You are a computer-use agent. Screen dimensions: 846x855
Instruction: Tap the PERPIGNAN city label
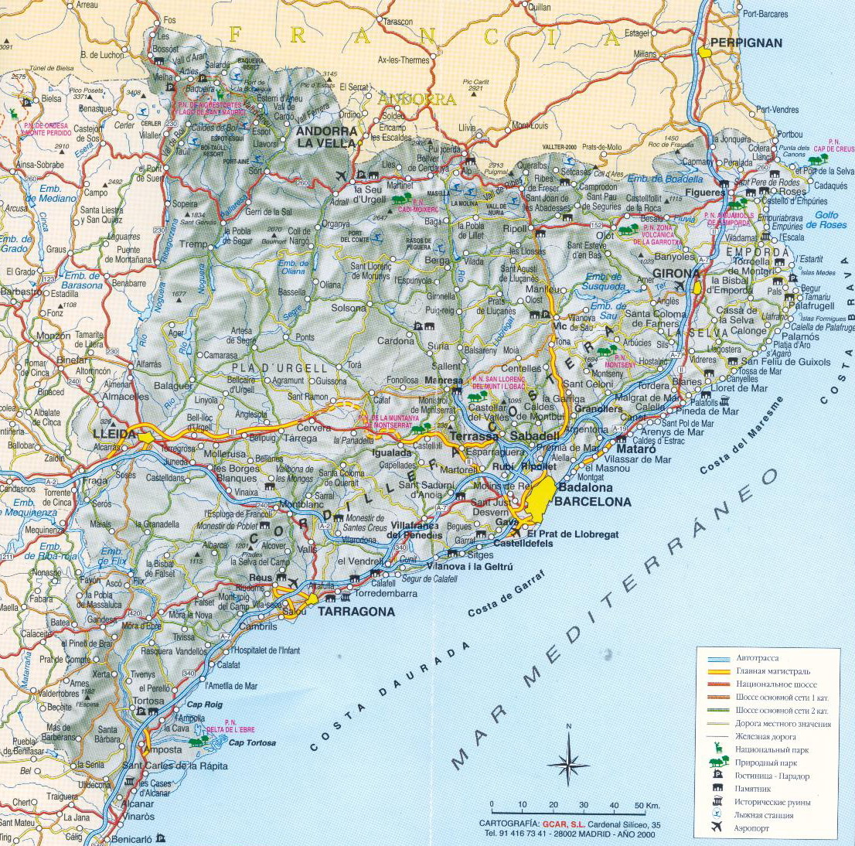point(746,43)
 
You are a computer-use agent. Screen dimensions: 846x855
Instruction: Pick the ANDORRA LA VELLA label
point(326,137)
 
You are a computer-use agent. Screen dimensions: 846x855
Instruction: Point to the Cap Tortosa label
point(253,743)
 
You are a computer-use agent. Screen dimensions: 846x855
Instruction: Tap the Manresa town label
point(444,380)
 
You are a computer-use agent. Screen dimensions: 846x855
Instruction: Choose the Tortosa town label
point(149,701)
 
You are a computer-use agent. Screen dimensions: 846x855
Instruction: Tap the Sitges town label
point(480,555)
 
